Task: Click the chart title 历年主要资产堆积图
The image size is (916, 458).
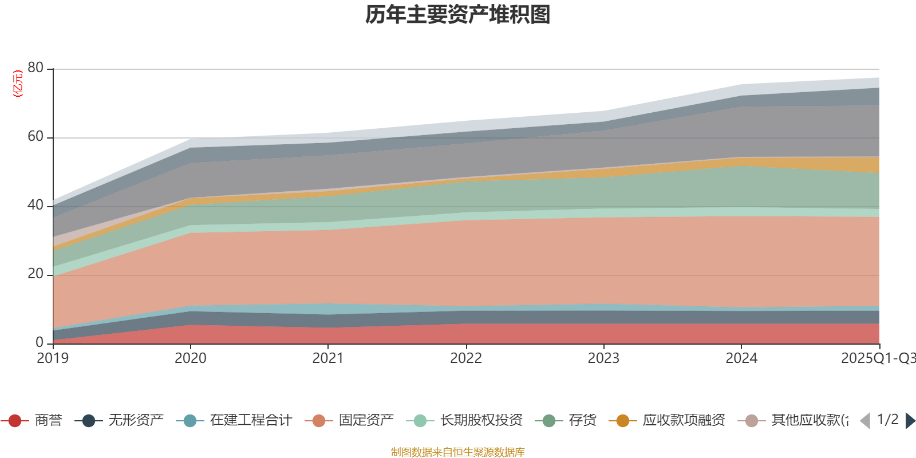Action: [458, 15]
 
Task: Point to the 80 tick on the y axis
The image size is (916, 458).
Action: [35, 68]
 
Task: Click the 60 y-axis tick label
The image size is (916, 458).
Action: [35, 136]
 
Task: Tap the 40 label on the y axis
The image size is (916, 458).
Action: [35, 205]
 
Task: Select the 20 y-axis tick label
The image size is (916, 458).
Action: [35, 274]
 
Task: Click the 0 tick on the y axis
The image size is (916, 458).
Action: [39, 342]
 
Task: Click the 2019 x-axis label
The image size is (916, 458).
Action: [53, 358]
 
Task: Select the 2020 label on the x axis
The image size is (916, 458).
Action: [190, 358]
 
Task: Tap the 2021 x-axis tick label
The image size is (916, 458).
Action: [327, 358]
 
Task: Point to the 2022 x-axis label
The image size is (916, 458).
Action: [465, 358]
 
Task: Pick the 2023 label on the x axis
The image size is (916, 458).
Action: [603, 358]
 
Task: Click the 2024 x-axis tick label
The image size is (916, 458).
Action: [741, 358]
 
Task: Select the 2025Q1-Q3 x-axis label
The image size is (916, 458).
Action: [877, 358]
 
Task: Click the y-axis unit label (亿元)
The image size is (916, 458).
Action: [18, 84]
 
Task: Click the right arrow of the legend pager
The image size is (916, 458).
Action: [910, 421]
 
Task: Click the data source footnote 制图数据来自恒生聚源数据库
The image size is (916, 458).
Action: [458, 452]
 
